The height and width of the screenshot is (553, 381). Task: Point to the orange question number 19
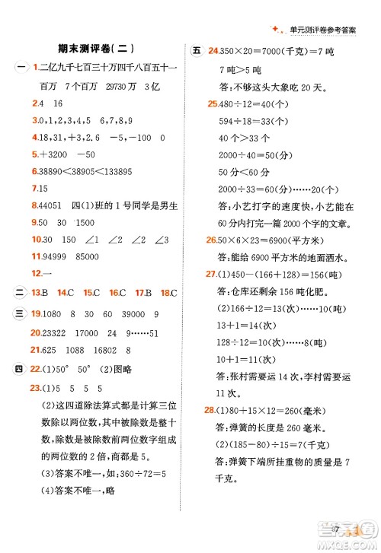[36, 313]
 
